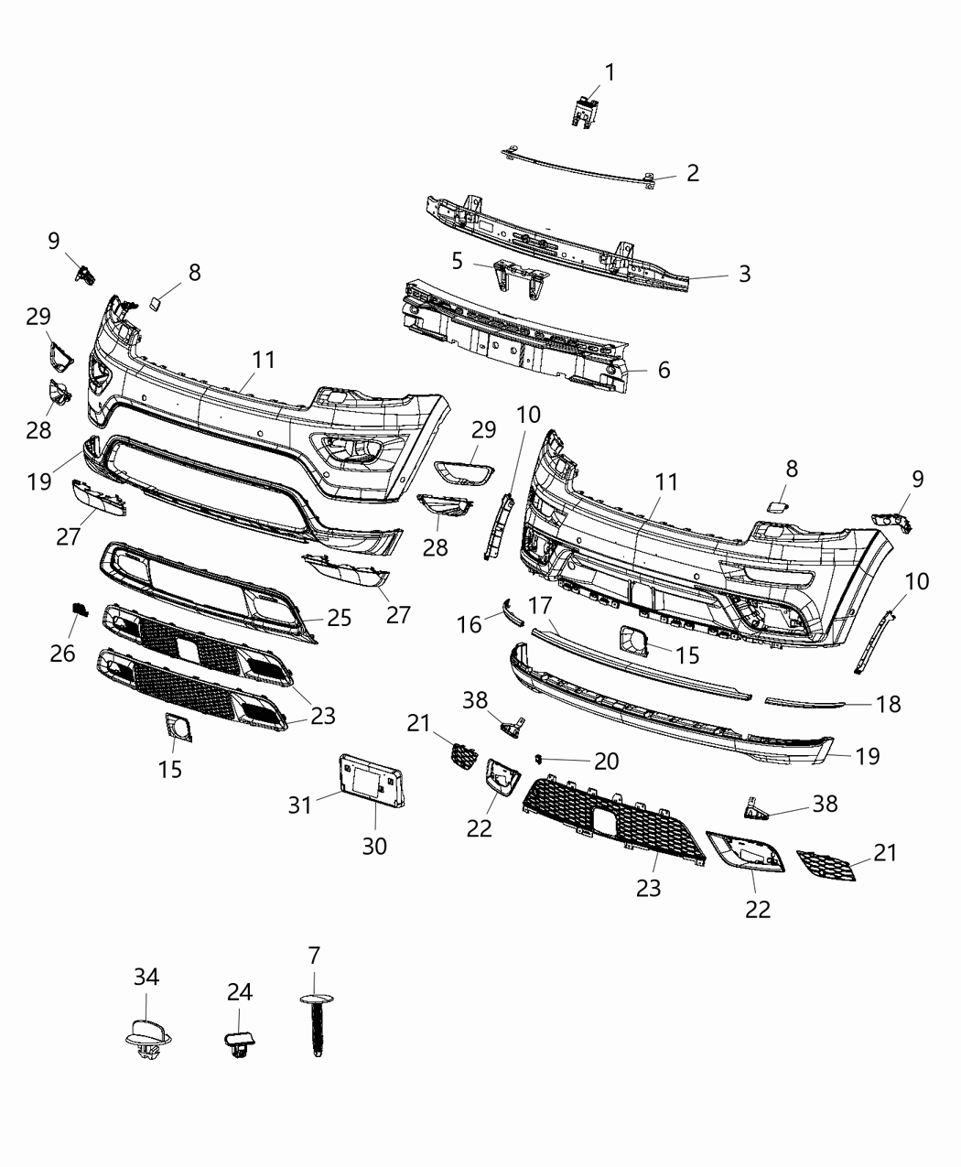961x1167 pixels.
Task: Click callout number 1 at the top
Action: (x=609, y=72)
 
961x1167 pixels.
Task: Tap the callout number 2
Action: (x=692, y=173)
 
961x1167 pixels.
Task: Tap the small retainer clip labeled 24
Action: (x=239, y=1043)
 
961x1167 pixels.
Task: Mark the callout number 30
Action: (x=374, y=847)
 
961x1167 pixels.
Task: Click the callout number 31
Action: (x=300, y=805)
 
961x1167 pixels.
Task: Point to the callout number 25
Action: (x=339, y=618)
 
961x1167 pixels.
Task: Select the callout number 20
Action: (x=606, y=761)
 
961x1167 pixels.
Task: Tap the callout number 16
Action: (x=470, y=624)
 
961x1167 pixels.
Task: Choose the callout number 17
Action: (x=540, y=606)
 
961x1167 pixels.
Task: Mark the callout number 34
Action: (x=146, y=977)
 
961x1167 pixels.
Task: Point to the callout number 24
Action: (x=240, y=992)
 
